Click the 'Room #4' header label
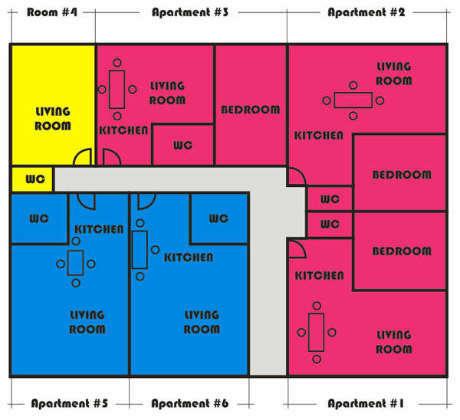coord(52,12)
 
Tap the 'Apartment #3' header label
coord(190,12)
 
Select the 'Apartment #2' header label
coord(366,12)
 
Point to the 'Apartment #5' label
coord(70,403)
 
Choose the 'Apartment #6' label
coord(190,403)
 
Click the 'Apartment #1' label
coord(366,403)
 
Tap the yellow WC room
coord(32,179)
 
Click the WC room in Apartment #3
coord(183,145)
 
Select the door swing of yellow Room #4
coord(83,157)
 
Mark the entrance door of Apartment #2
coord(297,176)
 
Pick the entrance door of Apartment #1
coord(297,249)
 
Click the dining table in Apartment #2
coord(353,100)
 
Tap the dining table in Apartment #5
coord(75,263)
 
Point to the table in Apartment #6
coord(140,250)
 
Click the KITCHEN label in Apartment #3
coord(123,130)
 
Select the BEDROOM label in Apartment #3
coord(250,110)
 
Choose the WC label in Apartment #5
coord(39,218)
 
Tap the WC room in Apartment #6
coord(219,218)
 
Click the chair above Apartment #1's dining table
coord(317,306)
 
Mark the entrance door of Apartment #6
coord(146,202)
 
